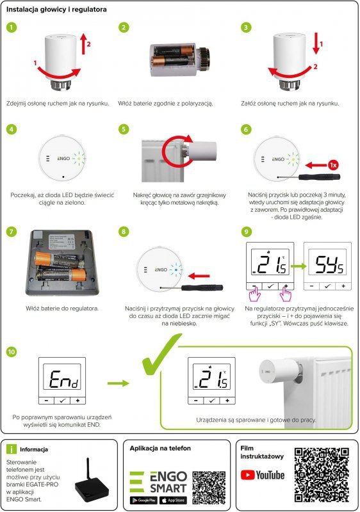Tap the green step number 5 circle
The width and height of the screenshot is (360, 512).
click(125, 129)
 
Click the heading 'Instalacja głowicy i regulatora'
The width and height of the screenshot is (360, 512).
click(53, 10)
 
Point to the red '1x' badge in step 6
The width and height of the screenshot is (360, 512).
click(332, 164)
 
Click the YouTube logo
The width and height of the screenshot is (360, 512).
click(262, 475)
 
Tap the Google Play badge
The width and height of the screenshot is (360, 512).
click(145, 500)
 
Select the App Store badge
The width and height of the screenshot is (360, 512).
click(173, 500)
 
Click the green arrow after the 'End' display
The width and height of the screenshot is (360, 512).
click(116, 383)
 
